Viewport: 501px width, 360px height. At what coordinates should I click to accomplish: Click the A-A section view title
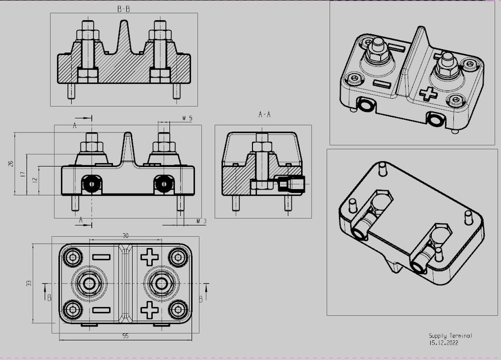(x=264, y=115)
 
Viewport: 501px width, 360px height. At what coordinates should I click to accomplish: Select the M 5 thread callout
(x=188, y=119)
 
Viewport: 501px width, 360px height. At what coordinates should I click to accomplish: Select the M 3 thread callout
(x=201, y=222)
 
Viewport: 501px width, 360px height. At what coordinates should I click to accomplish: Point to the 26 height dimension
(x=10, y=164)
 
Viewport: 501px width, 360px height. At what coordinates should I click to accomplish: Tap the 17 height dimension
(x=22, y=174)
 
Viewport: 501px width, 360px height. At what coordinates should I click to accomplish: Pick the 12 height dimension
(x=34, y=180)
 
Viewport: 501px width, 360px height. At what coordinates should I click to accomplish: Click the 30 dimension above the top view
(x=125, y=236)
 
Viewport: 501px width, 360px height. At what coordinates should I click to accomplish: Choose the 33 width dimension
(x=29, y=283)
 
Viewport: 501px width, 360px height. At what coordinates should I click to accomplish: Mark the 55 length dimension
(x=125, y=336)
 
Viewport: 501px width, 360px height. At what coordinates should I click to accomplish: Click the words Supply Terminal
(x=450, y=335)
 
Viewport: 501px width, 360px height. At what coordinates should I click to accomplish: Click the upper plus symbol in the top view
(x=150, y=257)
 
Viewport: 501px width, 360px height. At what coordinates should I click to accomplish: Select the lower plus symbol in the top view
(x=150, y=309)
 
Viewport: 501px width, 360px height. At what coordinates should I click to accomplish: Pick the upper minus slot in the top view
(x=101, y=257)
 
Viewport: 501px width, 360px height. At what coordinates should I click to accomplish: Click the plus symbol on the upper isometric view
(x=428, y=93)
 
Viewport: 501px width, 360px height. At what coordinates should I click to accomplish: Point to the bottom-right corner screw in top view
(x=178, y=309)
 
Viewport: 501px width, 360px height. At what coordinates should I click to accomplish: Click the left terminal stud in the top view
(x=88, y=283)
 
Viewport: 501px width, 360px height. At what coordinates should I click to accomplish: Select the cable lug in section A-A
(x=292, y=184)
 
